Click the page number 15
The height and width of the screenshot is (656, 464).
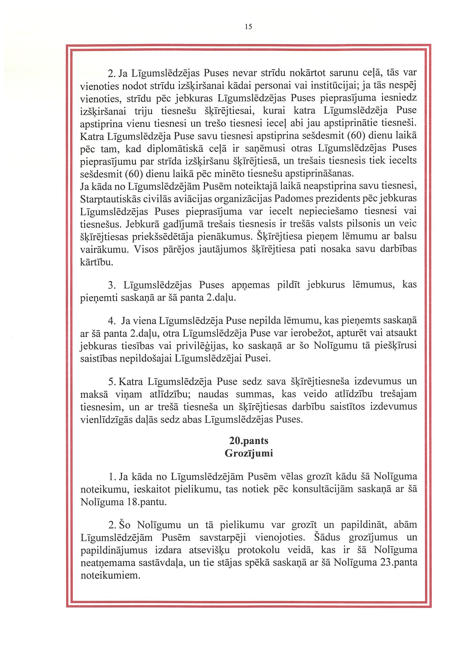tap(249, 27)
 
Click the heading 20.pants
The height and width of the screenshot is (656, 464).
tap(249, 440)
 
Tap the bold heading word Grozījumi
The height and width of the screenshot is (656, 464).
tap(249, 453)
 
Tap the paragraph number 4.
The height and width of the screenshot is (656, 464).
tap(111, 321)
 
